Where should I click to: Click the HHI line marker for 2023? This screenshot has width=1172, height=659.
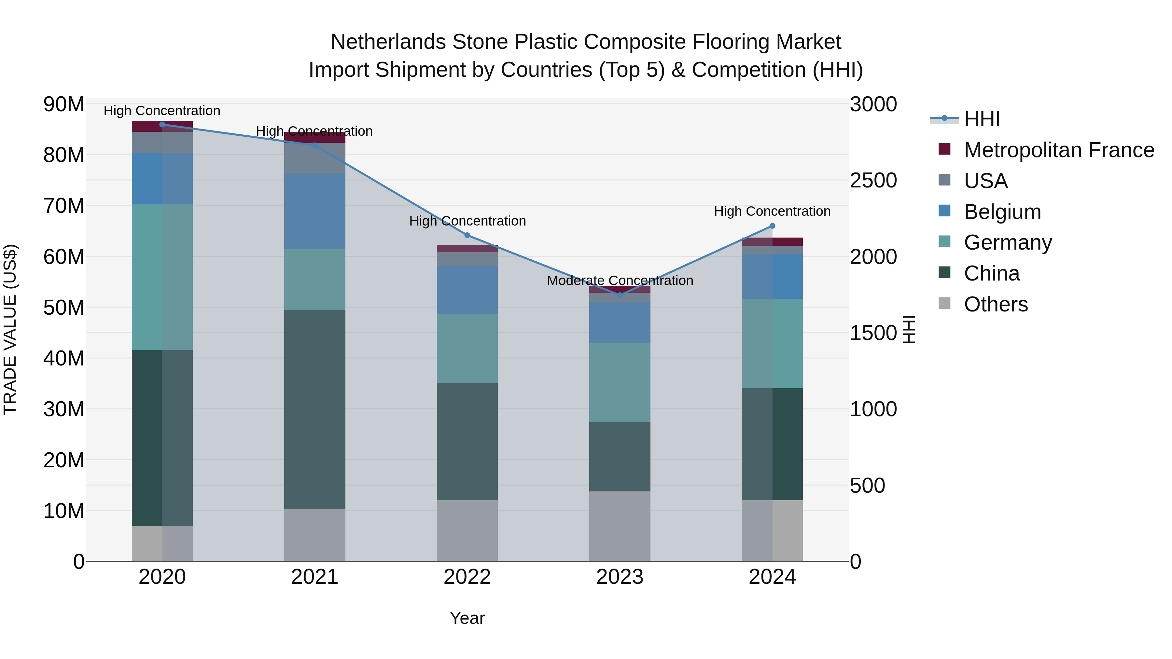[x=620, y=295]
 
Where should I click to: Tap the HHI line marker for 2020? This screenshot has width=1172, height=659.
[x=162, y=125]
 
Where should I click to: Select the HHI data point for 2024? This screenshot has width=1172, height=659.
[x=772, y=226]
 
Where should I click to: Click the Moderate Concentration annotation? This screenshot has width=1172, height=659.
[x=620, y=281]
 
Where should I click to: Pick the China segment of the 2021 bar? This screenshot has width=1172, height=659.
[x=314, y=409]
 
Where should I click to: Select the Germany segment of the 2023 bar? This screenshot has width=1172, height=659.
[x=620, y=382]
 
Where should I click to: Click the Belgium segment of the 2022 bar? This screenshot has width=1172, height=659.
[x=467, y=290]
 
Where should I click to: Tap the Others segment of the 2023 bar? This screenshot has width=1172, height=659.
[x=620, y=526]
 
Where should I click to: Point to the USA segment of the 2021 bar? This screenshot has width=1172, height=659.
[x=314, y=158]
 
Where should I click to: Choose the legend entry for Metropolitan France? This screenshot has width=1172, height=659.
[x=1059, y=150]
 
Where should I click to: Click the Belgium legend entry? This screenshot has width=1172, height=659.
[x=1002, y=212]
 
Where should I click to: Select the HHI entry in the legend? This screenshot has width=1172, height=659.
[x=982, y=119]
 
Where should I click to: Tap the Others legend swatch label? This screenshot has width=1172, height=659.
[x=996, y=304]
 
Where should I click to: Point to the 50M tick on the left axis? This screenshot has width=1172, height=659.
[x=64, y=308]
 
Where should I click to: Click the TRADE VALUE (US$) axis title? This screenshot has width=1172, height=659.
[x=10, y=329]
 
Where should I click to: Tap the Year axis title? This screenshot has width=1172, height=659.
[x=467, y=619]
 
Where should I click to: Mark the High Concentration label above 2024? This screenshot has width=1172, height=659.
[x=772, y=212]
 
